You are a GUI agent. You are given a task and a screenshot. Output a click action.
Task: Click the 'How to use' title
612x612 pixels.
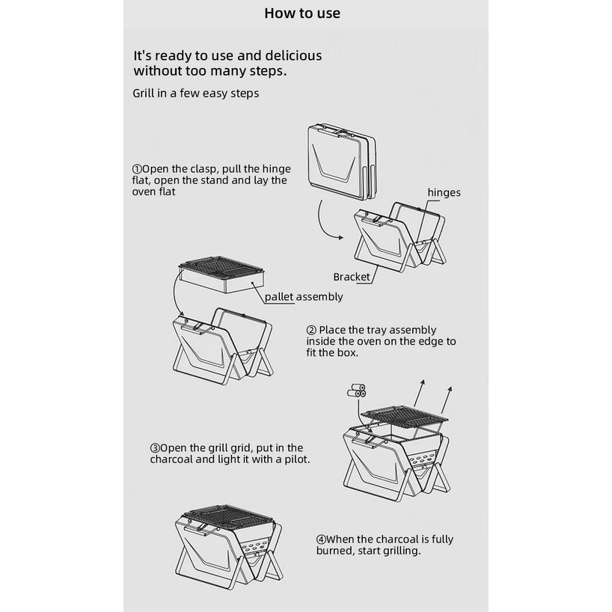point(302,13)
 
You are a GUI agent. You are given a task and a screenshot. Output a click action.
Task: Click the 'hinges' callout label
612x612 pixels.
point(444,193)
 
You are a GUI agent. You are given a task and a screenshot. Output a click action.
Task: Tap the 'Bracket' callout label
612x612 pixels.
point(352,277)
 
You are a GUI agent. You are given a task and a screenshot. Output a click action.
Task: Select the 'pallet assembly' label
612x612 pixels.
point(304,297)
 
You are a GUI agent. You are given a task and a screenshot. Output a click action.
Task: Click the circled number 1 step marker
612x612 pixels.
point(137,169)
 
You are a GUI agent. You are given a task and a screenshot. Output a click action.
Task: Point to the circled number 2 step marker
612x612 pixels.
point(311,330)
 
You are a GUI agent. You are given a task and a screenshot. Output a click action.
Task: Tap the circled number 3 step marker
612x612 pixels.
point(155,448)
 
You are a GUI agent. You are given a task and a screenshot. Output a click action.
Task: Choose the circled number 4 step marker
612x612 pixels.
point(321,539)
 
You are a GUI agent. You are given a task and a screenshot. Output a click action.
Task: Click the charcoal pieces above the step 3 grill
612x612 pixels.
point(356,391)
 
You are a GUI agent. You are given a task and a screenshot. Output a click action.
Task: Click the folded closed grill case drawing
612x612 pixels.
point(341,162)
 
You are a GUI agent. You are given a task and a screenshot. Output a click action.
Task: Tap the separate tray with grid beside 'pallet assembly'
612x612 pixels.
point(221,275)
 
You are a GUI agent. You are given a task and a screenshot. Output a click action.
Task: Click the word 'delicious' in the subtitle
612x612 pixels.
point(293,56)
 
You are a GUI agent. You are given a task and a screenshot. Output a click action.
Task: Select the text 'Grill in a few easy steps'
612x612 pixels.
point(195,94)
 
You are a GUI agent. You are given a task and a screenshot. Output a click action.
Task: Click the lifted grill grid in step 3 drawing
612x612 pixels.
point(404,415)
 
